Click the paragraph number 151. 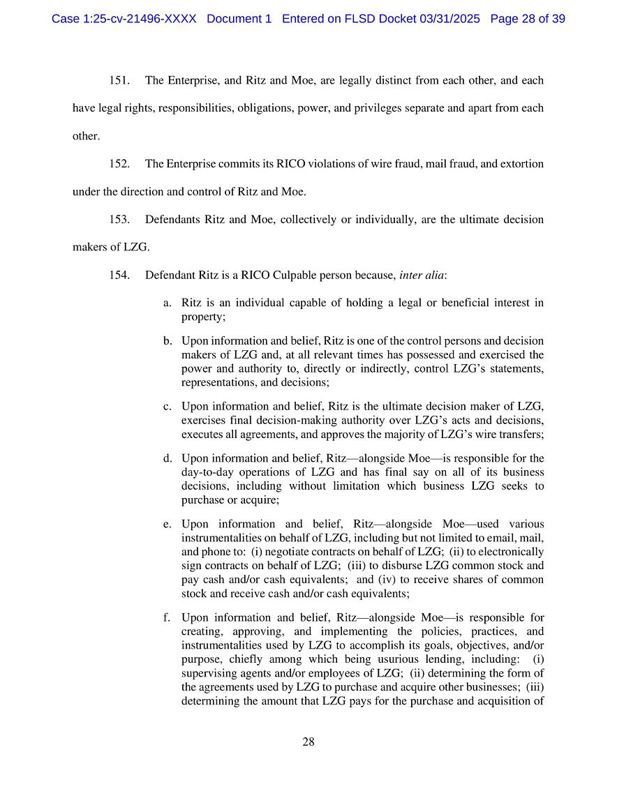click(x=119, y=80)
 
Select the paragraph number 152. click(x=119, y=164)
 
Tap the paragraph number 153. click(x=119, y=219)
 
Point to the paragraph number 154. click(x=119, y=275)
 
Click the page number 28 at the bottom click(x=308, y=741)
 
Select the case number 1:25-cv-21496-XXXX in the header click(x=124, y=19)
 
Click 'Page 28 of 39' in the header click(x=528, y=19)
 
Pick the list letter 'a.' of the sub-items click(x=168, y=303)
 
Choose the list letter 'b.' click(x=168, y=341)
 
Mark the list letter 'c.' click(x=168, y=406)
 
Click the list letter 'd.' click(x=168, y=458)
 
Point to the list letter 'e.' click(x=168, y=524)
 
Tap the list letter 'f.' click(x=167, y=617)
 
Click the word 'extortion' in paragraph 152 click(x=521, y=164)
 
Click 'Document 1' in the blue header click(x=239, y=19)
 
